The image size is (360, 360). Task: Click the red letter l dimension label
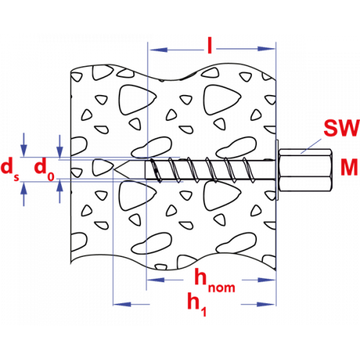coord(210,45)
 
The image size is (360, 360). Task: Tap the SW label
coord(341,128)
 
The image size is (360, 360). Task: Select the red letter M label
coord(349,167)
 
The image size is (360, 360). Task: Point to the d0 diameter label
coord(45,169)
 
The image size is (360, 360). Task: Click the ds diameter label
coord(10,169)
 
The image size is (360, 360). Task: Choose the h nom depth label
coord(215,281)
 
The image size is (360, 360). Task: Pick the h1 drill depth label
coord(197,304)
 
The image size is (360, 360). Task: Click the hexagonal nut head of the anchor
coord(305,170)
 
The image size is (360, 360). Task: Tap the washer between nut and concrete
coord(277,170)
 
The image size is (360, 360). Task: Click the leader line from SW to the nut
coord(311,146)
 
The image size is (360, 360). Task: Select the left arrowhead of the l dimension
coord(158,50)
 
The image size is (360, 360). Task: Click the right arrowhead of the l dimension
coord(266,49)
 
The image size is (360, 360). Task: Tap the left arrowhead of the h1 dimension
coord(122,305)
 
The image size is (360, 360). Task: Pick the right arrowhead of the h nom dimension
coord(266,280)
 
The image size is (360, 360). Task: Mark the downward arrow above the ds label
coord(24,145)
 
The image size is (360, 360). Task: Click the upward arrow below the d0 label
coord(60,192)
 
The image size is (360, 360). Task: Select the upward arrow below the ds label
coord(24,194)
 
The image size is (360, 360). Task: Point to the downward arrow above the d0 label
coord(60,146)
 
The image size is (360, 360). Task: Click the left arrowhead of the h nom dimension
coord(156,280)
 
